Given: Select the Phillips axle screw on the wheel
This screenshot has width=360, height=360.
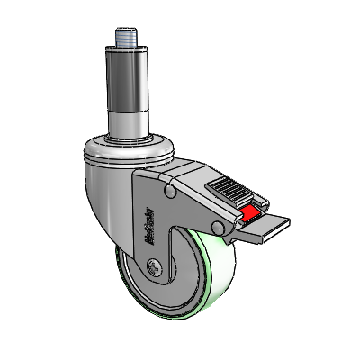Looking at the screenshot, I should pos(154,266).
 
